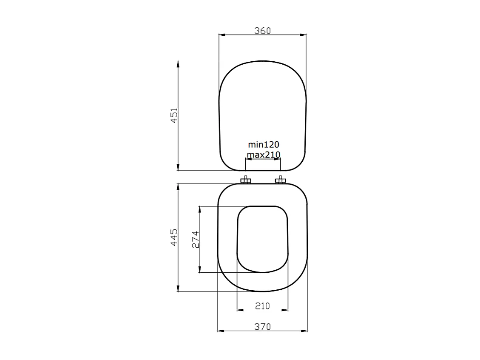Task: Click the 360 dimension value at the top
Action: [262, 31]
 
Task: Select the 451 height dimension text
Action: [173, 116]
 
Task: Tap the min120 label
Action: [263, 145]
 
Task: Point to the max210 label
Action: [264, 154]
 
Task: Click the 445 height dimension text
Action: [173, 237]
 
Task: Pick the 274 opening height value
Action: [195, 239]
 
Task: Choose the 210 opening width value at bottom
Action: [262, 306]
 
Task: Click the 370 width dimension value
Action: [262, 327]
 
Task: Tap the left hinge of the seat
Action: [245, 181]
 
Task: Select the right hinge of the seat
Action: [280, 181]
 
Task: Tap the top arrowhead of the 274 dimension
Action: [200, 209]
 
